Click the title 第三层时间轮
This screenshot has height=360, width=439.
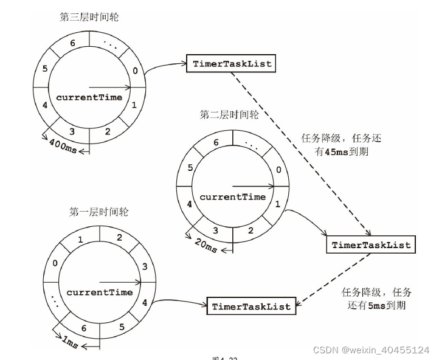point(89,17)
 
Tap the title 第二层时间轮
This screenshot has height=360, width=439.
point(229,115)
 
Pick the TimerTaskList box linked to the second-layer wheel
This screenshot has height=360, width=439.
point(371,245)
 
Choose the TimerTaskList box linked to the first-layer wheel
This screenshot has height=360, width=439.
point(252,306)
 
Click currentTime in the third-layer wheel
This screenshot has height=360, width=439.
point(89,97)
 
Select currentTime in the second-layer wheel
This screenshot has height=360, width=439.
point(232,196)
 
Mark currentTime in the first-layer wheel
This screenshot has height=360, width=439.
point(99,292)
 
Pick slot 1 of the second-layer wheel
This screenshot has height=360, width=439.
point(277,205)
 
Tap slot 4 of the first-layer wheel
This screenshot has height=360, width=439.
point(144,302)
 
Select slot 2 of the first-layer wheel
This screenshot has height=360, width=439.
point(119,237)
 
